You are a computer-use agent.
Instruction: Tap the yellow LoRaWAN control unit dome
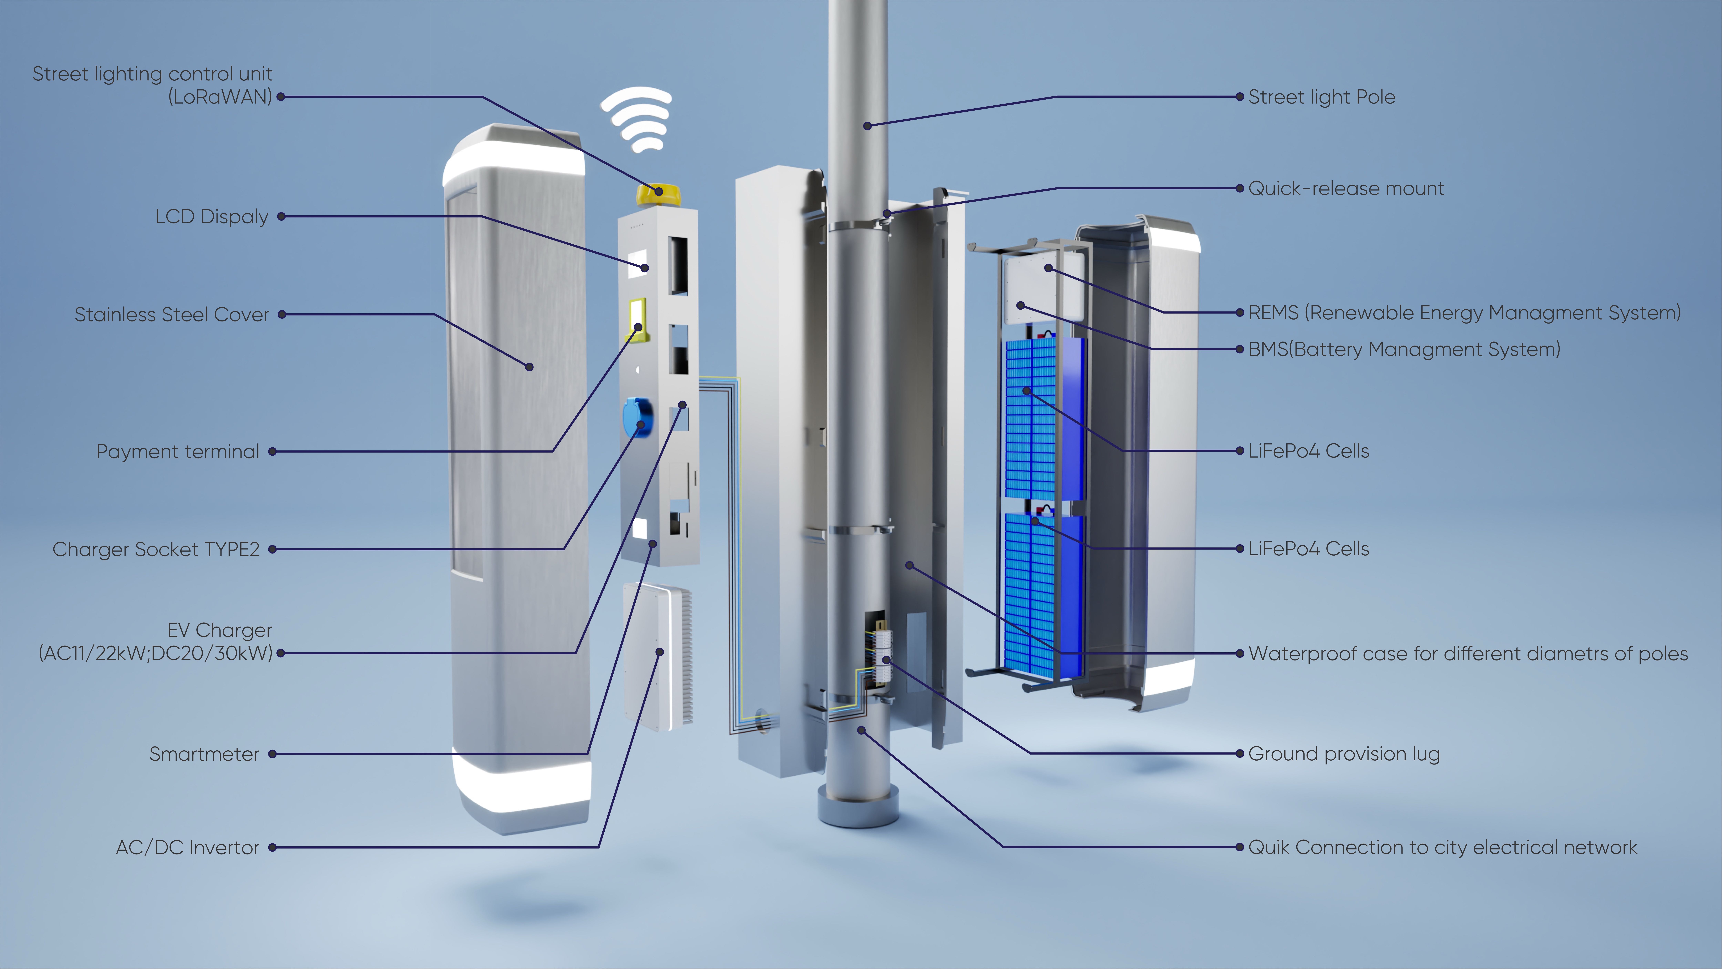659,195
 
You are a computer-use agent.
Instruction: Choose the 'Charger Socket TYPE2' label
156,549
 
